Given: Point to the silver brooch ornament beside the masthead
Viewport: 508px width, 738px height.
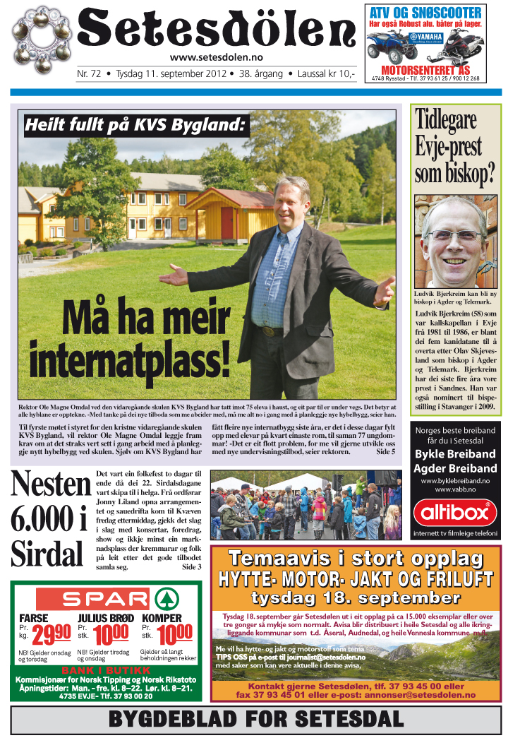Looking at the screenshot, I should [42, 40].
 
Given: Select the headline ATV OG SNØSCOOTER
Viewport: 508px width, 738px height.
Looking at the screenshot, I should [425, 12].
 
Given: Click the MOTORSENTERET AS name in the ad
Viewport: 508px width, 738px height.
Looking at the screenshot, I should [425, 71].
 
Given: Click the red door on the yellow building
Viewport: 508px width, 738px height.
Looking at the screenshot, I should [226, 222].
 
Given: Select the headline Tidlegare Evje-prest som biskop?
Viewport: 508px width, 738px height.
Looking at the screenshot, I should [455, 148].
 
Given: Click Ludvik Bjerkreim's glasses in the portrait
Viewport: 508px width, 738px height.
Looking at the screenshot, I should [455, 234].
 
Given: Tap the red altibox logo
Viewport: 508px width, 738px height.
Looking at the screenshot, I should [455, 511].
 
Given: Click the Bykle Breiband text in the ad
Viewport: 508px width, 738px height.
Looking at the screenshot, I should [455, 454].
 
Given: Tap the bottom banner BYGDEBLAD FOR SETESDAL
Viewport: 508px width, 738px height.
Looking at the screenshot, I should [255, 720].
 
